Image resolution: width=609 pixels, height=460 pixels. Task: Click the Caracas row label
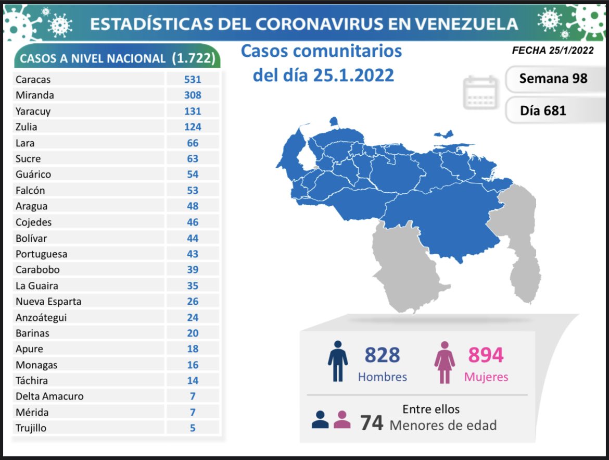coord(33,80)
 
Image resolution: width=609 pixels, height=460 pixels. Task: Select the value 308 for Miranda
coord(193,95)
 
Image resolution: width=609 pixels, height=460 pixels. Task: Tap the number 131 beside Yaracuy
coord(193,111)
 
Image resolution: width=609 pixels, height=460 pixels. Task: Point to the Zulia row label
coord(27,127)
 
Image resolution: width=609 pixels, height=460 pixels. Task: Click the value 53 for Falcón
coord(193,190)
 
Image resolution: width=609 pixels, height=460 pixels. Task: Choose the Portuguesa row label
coord(41,254)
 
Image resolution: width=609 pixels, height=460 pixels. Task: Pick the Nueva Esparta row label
coord(48,301)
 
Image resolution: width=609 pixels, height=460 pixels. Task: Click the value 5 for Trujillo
coord(193,428)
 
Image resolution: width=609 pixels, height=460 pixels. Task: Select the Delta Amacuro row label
coord(49,396)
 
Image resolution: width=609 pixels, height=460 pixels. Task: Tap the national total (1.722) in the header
coord(193,58)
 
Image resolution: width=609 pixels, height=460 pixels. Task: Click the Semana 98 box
coord(553,79)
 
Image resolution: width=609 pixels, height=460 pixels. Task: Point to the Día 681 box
coord(543,110)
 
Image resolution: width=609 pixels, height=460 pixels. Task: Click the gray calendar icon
coord(480,92)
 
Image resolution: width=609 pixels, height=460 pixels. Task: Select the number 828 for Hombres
coord(382,355)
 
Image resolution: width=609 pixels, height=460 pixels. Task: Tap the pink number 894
coord(486,355)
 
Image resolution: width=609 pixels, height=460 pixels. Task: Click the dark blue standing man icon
coord(338,361)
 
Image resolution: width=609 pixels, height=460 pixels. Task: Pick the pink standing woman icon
coord(445,361)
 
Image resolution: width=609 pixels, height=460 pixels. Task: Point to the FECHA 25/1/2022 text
coord(553,51)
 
